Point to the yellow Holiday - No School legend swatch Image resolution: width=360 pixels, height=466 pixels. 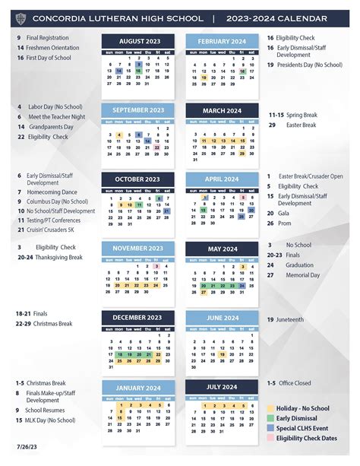[270, 408]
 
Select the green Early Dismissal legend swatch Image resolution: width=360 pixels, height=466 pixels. [270, 418]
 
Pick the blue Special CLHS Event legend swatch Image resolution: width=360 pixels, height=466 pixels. [270, 427]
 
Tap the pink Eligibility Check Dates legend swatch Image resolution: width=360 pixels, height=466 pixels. [270, 437]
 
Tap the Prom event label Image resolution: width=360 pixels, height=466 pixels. [284, 223]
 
